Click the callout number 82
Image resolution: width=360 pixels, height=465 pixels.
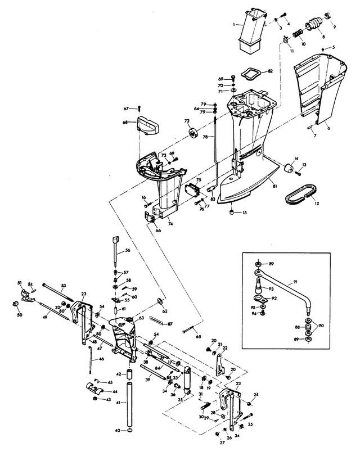pyautogui.click(x=271, y=71)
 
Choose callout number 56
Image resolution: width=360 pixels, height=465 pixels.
pyautogui.click(x=128, y=251)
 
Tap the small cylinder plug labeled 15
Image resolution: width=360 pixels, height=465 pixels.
pyautogui.click(x=231, y=212)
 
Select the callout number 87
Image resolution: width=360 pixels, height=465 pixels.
pyautogui.click(x=170, y=324)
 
